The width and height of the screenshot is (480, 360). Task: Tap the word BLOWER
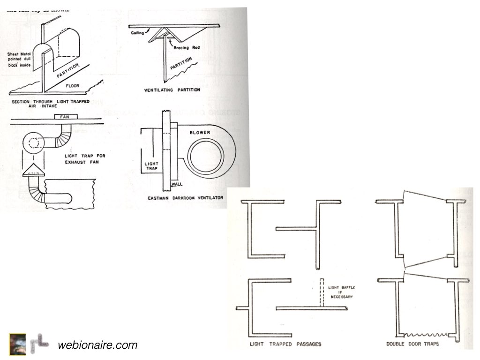pos(200,133)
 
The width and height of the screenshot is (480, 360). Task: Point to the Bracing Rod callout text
pos(185,48)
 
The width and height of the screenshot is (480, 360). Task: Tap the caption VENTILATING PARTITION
pos(173,90)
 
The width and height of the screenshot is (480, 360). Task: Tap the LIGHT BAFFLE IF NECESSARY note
pos(341,291)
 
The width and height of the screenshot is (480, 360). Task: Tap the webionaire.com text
pos(97,345)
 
